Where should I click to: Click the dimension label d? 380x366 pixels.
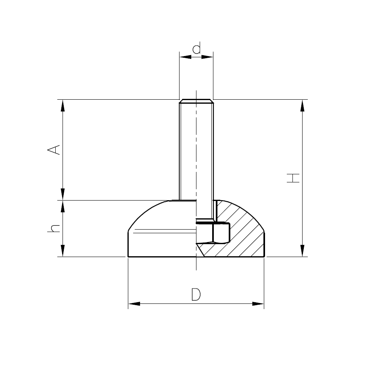click(x=196, y=49)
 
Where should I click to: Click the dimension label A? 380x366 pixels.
click(x=54, y=150)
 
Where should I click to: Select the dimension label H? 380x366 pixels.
click(x=293, y=178)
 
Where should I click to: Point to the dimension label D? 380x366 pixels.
click(x=196, y=295)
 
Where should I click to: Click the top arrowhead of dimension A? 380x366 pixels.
click(x=63, y=105)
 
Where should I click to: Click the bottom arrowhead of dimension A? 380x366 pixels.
click(x=63, y=195)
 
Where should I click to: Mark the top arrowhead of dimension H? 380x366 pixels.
click(x=302, y=105)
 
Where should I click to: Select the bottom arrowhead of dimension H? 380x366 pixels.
click(x=302, y=251)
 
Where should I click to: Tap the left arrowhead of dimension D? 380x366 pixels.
click(x=134, y=303)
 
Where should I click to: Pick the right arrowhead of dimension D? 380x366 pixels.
click(x=258, y=303)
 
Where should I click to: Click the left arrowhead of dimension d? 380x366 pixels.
click(x=185, y=57)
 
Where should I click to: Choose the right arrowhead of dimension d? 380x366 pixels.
click(x=207, y=57)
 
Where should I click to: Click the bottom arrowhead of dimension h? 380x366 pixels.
click(x=63, y=251)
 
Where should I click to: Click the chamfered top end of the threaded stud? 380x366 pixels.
click(x=196, y=101)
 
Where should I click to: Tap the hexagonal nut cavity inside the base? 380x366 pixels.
click(x=213, y=234)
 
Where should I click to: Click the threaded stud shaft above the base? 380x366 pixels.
click(x=196, y=153)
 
